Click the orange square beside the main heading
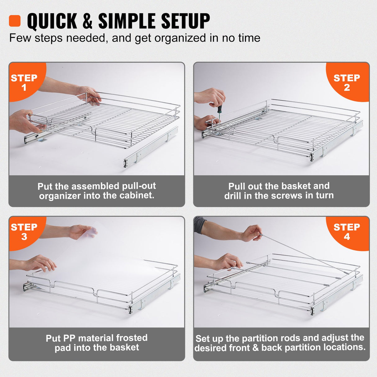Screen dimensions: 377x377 click(x=15, y=21)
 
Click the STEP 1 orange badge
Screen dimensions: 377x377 click(x=24, y=82)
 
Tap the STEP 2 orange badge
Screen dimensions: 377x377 click(x=347, y=82)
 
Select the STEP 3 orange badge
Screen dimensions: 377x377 click(x=24, y=232)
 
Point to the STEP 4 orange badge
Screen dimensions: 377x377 click(x=347, y=232)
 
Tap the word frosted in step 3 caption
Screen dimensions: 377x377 click(x=132, y=338)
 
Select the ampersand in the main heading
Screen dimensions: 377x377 click(x=88, y=21)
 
